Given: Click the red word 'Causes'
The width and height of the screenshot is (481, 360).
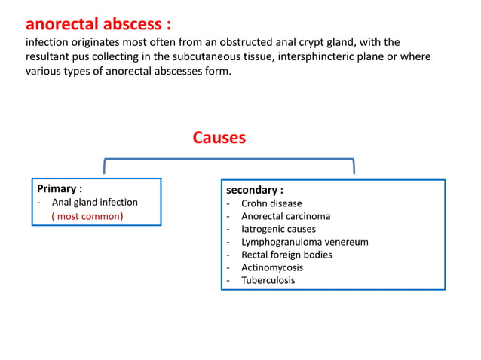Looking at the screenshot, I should (219, 138).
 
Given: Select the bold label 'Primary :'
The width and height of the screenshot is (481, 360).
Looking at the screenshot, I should (60, 188).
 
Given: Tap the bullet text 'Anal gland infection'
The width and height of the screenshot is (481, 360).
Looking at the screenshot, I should (94, 202).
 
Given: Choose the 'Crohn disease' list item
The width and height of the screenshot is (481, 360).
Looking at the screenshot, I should (271, 203).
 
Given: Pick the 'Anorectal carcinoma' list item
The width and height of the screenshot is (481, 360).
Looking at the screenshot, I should (286, 216).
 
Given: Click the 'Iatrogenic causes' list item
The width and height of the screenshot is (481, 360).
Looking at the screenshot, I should (278, 229).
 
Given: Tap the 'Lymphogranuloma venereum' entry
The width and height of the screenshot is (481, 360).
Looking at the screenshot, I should (305, 242).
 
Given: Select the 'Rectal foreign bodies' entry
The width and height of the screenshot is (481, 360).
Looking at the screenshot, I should (286, 255).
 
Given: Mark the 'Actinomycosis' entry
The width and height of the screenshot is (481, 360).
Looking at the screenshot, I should (271, 267).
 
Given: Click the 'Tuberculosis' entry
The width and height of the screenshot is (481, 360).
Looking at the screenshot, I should (268, 280).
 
